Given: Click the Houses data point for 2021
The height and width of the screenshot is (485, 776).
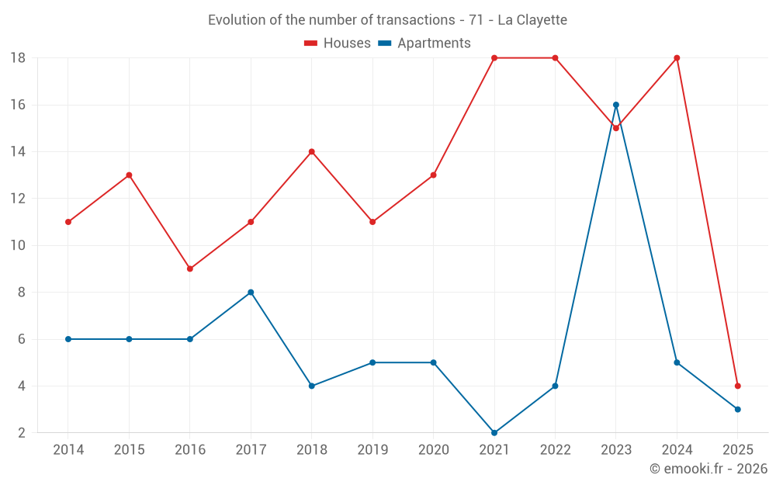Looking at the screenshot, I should point(494,58).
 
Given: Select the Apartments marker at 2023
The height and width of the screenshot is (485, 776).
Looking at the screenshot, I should point(616,105).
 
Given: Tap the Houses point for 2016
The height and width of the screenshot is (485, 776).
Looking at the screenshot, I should point(190,268).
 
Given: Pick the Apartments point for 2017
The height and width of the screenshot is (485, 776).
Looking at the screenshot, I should point(251,293).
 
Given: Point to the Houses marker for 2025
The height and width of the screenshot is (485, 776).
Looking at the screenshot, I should point(737,386).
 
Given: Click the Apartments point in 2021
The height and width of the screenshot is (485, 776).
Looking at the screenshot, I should point(494,432).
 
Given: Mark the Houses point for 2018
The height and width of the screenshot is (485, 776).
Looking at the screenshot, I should point(312,151).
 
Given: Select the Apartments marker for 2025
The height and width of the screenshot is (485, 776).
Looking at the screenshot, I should point(737,409).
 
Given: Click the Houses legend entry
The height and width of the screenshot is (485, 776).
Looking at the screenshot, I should point(338,43).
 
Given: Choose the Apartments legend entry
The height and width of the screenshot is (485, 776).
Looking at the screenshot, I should point(424,43).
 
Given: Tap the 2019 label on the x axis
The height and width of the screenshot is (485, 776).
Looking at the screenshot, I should point(372,450).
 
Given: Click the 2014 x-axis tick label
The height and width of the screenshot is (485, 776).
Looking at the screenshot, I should point(68,450).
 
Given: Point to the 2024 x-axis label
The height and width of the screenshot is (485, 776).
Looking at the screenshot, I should point(677,450).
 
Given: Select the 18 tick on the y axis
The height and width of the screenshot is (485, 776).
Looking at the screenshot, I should point(18,58).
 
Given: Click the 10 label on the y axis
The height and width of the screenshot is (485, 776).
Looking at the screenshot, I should point(18,245).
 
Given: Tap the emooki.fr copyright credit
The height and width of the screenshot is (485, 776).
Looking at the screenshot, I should point(708,469).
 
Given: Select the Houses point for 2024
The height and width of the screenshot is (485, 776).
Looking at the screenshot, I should point(677,58).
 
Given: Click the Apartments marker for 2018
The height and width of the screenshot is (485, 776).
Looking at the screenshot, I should point(312,386).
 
